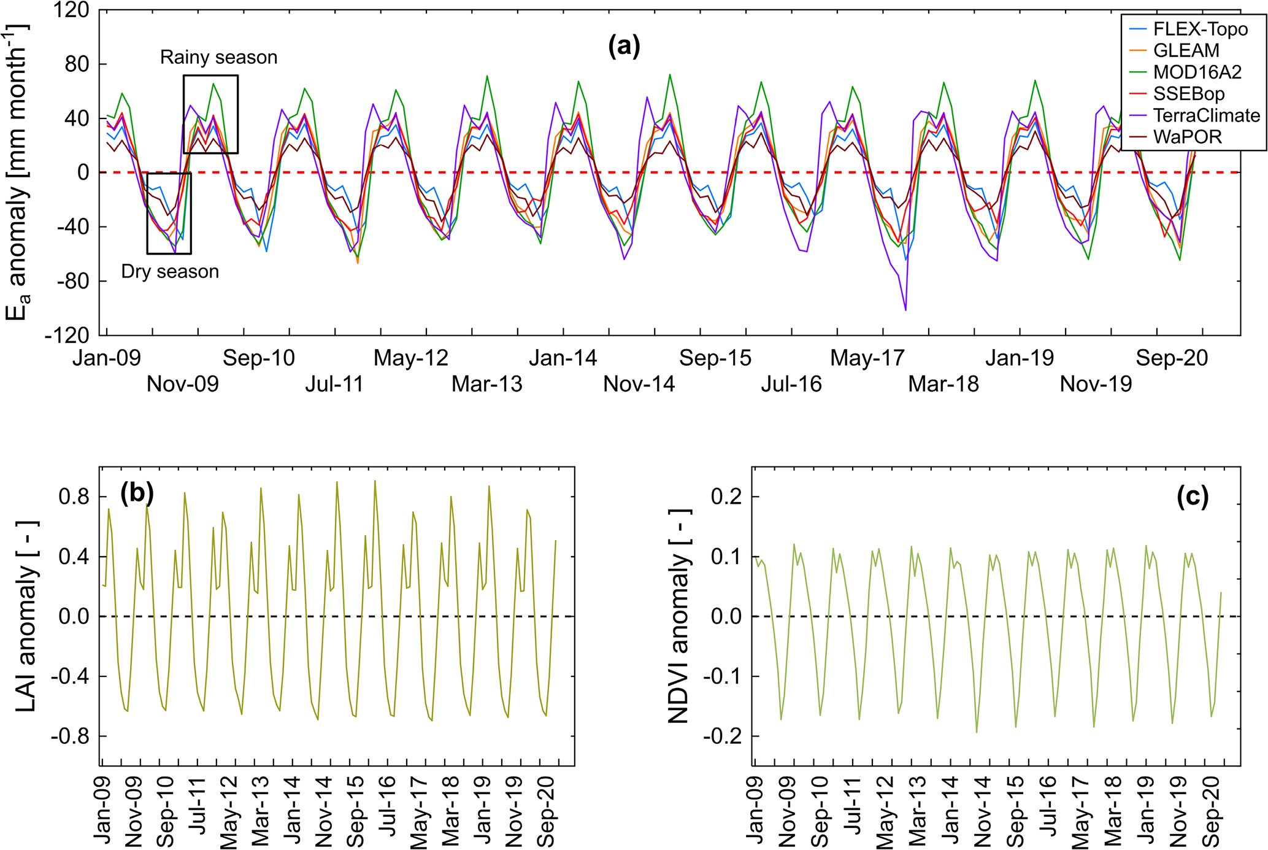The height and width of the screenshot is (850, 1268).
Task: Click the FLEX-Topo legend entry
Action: pos(1200,29)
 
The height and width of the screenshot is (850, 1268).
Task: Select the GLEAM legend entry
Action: pos(1186,50)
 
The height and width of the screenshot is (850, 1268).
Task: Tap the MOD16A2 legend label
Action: pos(1197,72)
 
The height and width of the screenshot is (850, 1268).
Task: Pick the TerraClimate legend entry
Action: pos(1206,115)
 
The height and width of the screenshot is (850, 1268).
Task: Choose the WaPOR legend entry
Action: pos(1187,137)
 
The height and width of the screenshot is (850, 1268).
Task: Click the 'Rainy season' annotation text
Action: pos(218,57)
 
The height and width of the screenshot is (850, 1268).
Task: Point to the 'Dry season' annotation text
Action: pos(170,271)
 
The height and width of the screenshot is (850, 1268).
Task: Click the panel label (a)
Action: pos(624,46)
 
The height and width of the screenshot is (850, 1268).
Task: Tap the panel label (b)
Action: pos(137,493)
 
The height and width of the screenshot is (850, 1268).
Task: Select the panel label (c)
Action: pos(1193,496)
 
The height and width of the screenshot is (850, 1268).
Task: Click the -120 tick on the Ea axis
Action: pos(67,335)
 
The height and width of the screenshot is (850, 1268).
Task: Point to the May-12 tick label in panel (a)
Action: pos(411,358)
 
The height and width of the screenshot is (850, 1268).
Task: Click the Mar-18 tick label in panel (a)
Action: pos(943,384)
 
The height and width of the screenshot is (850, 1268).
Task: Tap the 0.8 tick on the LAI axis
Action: pos(74,496)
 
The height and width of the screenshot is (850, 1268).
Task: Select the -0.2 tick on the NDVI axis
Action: pos(727,736)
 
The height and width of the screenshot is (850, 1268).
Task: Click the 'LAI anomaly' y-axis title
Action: pos(26,616)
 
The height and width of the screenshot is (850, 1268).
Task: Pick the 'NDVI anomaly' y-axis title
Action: pos(679,616)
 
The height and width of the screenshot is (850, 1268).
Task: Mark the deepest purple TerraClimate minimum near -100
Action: pos(905,310)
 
